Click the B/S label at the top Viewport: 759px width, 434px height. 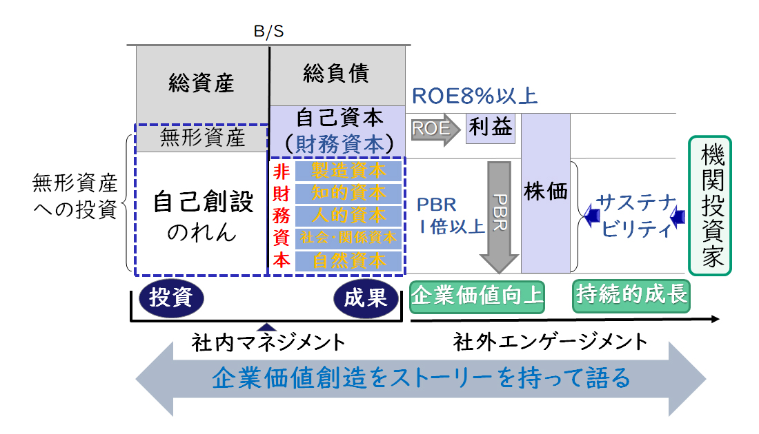click(x=268, y=32)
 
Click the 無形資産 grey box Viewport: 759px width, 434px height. click(x=202, y=138)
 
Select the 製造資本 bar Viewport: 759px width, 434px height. click(x=348, y=170)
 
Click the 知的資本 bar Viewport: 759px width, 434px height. click(x=348, y=193)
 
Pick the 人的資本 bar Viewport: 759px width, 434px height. click(x=348, y=216)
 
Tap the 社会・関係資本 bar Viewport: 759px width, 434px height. click(x=348, y=238)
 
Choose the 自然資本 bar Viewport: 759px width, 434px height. click(x=348, y=261)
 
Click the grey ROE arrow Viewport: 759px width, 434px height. click(x=435, y=129)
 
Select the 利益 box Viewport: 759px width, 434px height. click(x=491, y=127)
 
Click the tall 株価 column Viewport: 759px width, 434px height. click(x=545, y=192)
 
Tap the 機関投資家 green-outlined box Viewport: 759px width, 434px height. click(x=710, y=205)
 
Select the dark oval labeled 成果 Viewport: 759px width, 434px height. click(x=366, y=297)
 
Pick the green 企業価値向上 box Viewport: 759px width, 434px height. click(x=477, y=296)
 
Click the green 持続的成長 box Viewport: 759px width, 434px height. click(x=631, y=296)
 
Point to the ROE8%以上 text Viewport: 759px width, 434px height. click(x=474, y=96)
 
